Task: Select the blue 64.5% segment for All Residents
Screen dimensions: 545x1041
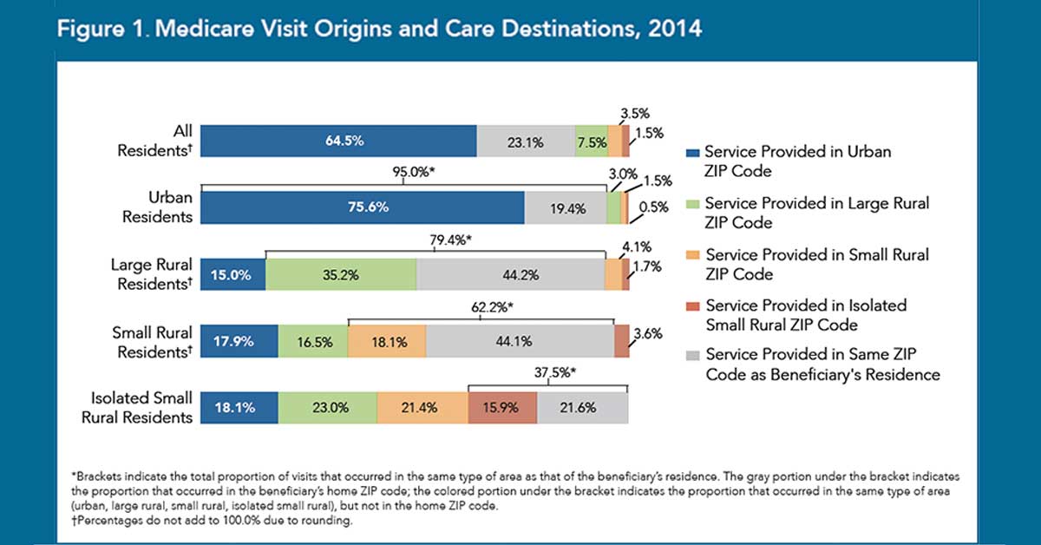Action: pos(338,141)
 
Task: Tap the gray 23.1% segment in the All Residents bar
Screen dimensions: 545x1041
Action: pos(525,141)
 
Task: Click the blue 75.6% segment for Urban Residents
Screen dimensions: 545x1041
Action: pos(363,207)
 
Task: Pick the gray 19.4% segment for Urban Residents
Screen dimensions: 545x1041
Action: pos(565,207)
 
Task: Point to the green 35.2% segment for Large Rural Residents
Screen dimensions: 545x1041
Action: pos(341,275)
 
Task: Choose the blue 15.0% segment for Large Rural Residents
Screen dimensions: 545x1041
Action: pos(233,275)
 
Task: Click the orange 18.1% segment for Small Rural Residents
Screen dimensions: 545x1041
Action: pos(387,341)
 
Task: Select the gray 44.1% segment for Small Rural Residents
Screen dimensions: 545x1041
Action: pos(520,341)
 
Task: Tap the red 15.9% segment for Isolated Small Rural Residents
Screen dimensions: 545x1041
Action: pos(502,408)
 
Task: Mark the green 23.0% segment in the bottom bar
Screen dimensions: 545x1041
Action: pos(328,408)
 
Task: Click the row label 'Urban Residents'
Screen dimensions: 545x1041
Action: pos(157,207)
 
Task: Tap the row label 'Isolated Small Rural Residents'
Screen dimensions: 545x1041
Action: pos(141,408)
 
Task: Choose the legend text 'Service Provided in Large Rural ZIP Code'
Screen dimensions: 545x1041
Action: pos(816,213)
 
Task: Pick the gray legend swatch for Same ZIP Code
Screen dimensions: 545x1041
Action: pos(691,357)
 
